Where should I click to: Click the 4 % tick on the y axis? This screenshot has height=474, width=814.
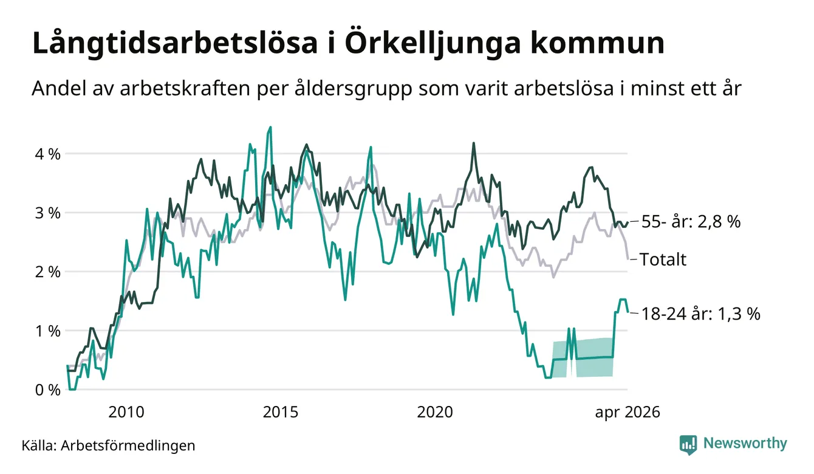click(47, 154)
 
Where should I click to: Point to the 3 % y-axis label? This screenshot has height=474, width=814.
click(47, 213)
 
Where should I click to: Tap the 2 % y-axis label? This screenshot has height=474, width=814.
click(47, 272)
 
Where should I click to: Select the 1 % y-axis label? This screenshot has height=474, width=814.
click(47, 331)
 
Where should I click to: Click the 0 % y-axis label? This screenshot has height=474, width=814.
click(47, 390)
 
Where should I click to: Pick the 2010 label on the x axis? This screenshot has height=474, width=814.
click(126, 412)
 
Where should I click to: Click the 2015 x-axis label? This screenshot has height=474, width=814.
click(280, 412)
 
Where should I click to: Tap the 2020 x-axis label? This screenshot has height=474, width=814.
click(434, 412)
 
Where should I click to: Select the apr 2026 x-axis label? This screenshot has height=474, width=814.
click(628, 413)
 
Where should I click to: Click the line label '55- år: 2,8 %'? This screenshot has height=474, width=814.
click(691, 221)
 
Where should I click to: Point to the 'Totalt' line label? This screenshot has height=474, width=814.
click(663, 259)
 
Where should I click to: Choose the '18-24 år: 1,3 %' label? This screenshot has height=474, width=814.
click(700, 314)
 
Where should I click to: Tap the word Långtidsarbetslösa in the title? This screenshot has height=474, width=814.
click(175, 44)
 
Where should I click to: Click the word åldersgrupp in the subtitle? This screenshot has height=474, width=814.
click(353, 88)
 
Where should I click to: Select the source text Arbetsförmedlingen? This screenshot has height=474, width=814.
click(128, 445)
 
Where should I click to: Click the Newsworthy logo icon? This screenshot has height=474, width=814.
click(688, 445)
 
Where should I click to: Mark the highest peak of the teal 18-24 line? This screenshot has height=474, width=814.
click(270, 127)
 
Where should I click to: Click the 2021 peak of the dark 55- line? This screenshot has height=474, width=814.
click(473, 143)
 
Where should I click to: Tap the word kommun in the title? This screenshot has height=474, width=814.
click(597, 44)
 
